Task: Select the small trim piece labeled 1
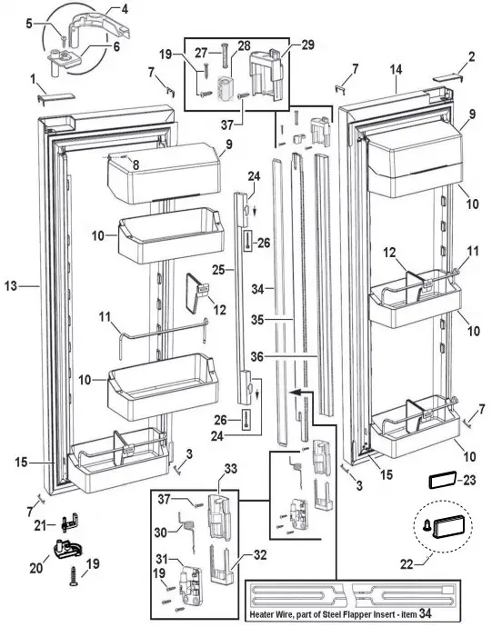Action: [45, 97]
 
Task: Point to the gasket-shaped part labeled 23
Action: [441, 479]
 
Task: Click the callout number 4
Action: [124, 9]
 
